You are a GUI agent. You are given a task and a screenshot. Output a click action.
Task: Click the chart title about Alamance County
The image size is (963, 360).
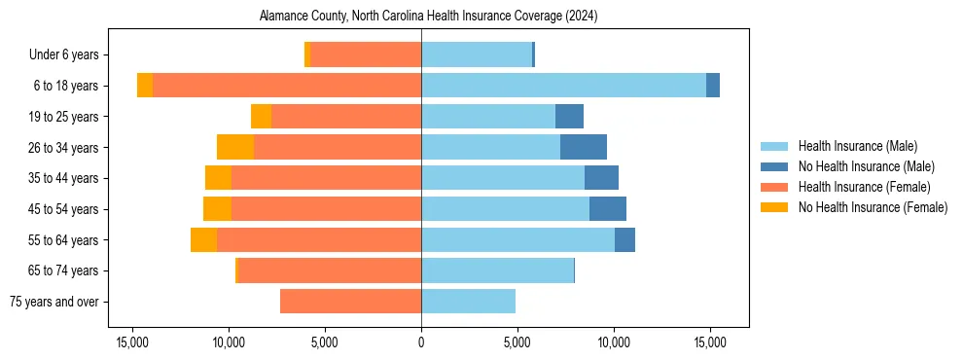pos(428,17)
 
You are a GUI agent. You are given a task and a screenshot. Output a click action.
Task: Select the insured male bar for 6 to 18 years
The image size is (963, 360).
pos(563,86)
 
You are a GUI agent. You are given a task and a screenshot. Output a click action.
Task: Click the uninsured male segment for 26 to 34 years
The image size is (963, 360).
pos(584,147)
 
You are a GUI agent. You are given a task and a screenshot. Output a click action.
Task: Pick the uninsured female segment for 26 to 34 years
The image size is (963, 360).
pos(235,147)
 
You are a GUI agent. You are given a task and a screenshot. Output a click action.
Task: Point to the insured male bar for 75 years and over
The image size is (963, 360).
pos(468,302)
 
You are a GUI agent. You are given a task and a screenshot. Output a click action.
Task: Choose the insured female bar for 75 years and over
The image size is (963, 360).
pos(350,302)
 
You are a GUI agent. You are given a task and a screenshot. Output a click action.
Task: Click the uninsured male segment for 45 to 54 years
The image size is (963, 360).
pos(608,209)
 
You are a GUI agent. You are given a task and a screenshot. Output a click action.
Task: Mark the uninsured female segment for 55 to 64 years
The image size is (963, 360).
pos(203,240)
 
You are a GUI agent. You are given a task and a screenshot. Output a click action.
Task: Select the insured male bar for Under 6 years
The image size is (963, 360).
pos(477,54)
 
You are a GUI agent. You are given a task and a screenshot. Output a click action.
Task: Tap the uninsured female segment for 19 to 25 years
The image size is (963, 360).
pos(261,117)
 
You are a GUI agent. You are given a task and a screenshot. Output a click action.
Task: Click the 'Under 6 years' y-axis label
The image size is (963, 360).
pos(70,55)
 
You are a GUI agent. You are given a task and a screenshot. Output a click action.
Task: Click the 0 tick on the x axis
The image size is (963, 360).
pos(421,342)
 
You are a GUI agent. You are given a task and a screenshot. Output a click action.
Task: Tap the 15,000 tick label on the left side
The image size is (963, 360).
pos(132,342)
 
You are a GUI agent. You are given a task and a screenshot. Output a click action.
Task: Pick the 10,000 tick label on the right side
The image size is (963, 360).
pos(614,342)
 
